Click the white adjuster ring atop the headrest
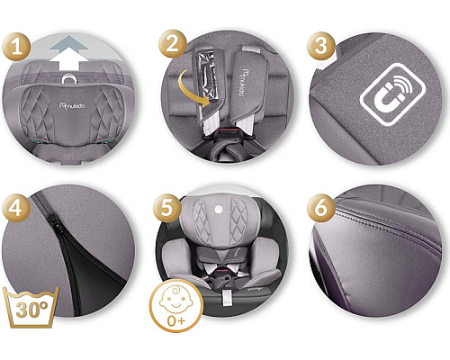69,84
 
